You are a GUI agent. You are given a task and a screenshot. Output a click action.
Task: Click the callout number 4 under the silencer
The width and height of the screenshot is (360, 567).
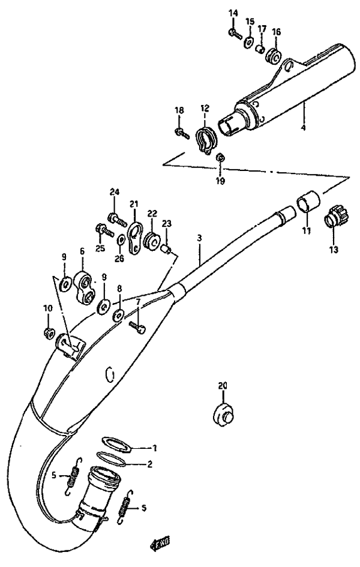(x=302, y=128)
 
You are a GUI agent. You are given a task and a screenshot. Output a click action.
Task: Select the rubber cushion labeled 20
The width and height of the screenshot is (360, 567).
(x=224, y=414)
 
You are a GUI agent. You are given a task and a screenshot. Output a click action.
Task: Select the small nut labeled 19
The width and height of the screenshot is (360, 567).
(x=220, y=157)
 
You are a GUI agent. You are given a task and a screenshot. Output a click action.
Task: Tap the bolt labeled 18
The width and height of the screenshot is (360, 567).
(x=179, y=131)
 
